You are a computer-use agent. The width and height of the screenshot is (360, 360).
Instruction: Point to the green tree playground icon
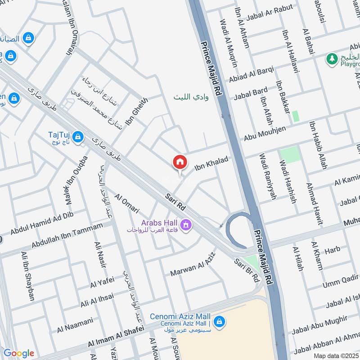tap(332, 58)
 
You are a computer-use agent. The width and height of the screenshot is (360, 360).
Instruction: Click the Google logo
tap(18, 353)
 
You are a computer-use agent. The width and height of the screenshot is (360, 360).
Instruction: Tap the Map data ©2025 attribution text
tap(336, 355)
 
